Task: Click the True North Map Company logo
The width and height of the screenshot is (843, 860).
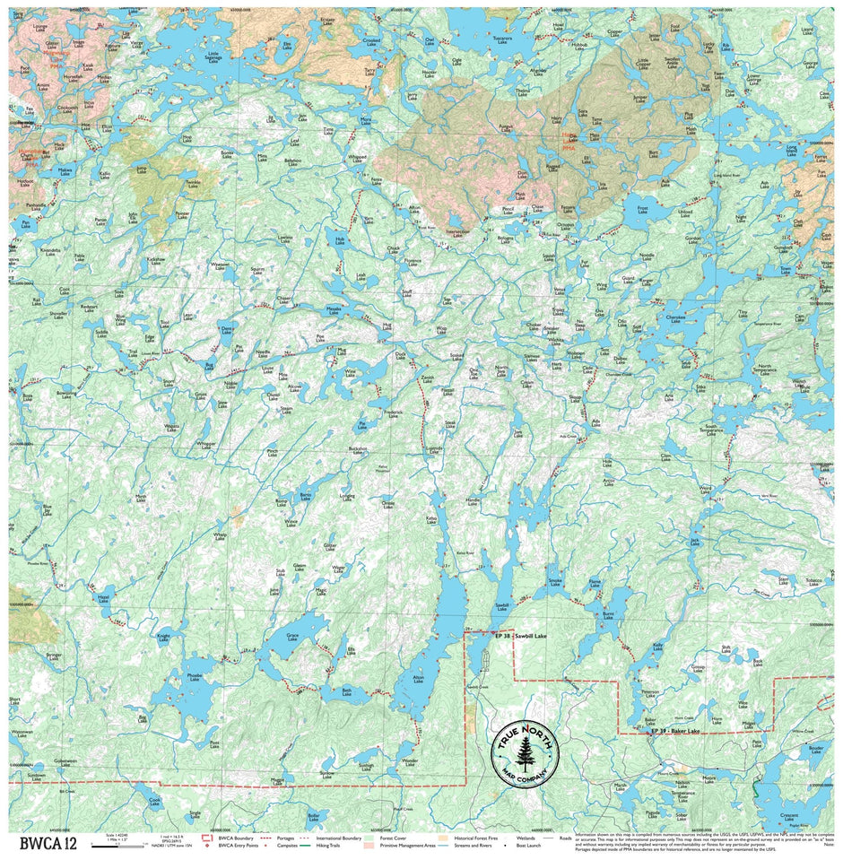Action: tap(525, 747)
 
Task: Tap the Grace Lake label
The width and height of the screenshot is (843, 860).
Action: tap(292, 637)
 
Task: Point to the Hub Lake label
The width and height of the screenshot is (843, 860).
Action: tap(340, 240)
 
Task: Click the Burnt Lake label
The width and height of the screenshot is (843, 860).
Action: tap(609, 614)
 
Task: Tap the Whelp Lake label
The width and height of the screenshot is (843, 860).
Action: tap(220, 535)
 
